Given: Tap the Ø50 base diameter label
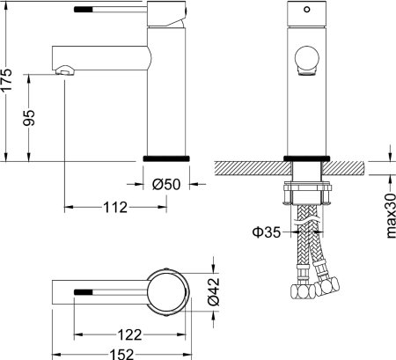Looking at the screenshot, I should [166, 184].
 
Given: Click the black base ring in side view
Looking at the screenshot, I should [166, 157].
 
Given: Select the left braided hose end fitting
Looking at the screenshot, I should [299, 289].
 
